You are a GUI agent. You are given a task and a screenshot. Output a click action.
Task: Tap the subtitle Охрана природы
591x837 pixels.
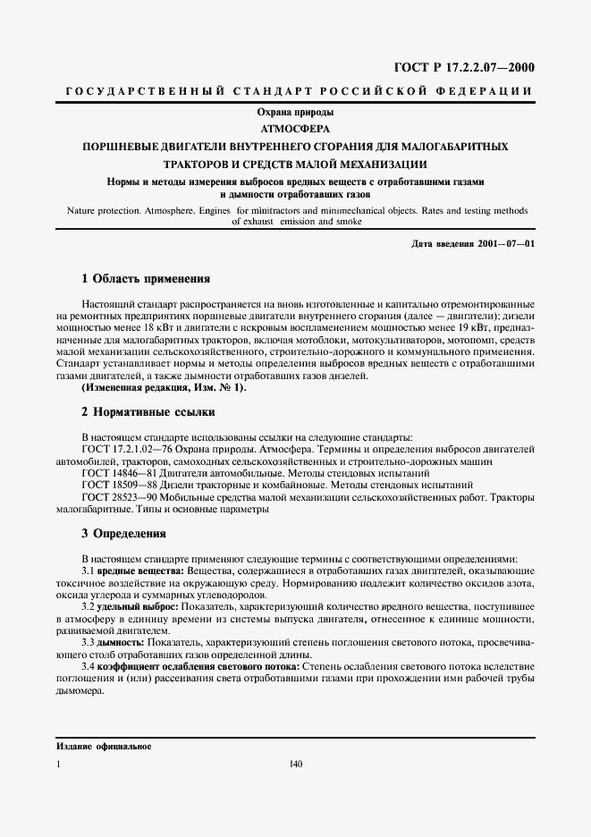[296, 113]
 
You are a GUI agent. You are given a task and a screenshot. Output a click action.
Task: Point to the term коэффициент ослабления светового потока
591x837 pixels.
[198, 667]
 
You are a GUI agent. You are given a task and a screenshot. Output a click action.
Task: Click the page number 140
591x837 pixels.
[297, 765]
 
